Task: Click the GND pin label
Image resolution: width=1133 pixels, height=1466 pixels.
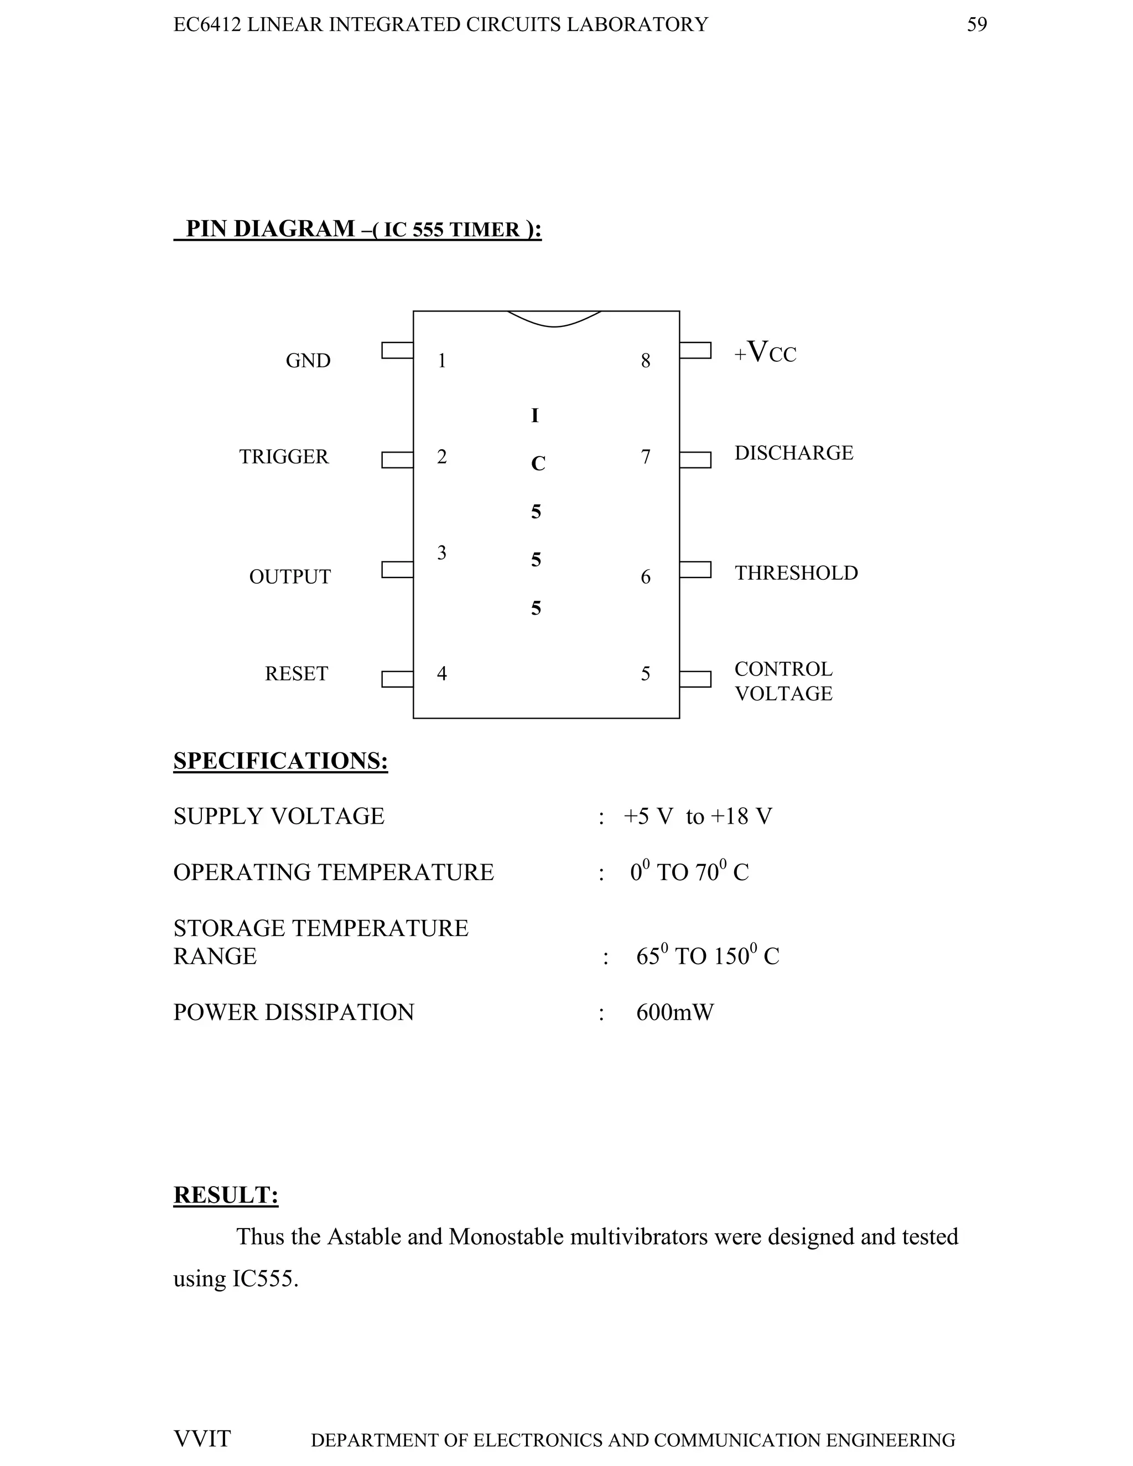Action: [x=308, y=361]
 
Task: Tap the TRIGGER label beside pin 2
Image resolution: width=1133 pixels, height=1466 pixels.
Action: [x=284, y=456]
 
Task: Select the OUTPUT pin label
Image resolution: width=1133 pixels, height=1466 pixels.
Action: [x=289, y=576]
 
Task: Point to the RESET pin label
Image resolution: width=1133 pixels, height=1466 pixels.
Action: [x=296, y=673]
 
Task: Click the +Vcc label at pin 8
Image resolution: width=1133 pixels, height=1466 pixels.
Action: [x=765, y=352]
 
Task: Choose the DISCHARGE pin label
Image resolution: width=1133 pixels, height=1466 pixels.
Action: [x=793, y=453]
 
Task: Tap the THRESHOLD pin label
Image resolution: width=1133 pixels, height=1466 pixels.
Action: [x=796, y=573]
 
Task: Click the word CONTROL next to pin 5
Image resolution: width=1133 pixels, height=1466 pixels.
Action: [x=783, y=669]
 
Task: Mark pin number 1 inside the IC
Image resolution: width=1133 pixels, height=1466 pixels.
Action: [x=441, y=361]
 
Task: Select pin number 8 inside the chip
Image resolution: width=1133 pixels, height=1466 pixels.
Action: [x=645, y=361]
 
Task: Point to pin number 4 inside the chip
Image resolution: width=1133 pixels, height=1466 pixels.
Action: [x=441, y=673]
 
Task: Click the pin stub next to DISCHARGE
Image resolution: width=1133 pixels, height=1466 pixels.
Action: [x=695, y=460]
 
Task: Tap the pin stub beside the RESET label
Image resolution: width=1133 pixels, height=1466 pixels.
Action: [x=397, y=679]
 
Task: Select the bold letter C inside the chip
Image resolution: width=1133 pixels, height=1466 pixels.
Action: [x=538, y=464]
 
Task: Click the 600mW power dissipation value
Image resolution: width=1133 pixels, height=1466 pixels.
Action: [x=674, y=1012]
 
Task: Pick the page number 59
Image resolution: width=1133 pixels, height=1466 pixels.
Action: [x=976, y=25]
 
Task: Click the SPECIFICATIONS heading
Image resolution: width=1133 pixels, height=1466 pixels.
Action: [x=280, y=761]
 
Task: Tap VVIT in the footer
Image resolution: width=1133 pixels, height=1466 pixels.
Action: [x=202, y=1438]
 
